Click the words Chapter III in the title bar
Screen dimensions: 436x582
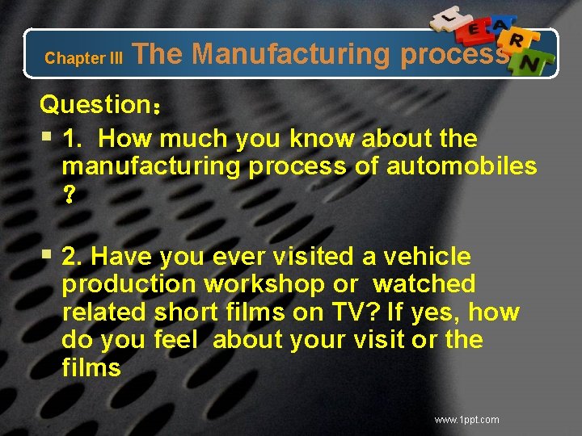point(84,58)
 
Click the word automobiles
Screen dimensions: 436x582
point(462,166)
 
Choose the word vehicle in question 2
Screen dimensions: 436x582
point(427,257)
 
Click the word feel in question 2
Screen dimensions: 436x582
point(174,340)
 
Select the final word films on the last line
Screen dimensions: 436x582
point(91,368)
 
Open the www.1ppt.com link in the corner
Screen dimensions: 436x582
point(466,420)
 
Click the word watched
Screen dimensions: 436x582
point(424,284)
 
